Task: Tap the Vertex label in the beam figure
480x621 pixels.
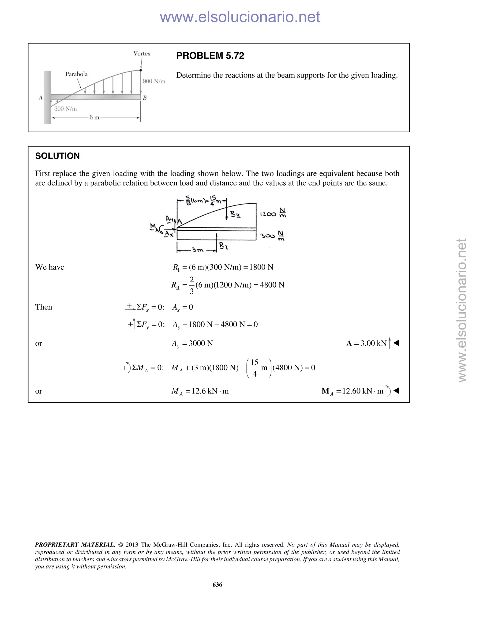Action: [142, 54]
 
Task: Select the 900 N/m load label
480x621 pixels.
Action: [154, 81]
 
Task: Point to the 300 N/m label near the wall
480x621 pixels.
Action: [65, 109]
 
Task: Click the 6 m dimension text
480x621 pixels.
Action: [94, 117]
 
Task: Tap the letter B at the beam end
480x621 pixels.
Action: [144, 98]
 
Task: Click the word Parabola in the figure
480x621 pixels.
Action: [76, 74]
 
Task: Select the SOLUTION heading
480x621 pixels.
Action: [57, 156]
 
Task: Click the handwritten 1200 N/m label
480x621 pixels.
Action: [273, 213]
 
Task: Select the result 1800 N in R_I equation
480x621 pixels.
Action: [261, 267]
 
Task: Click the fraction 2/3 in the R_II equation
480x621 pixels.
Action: [191, 285]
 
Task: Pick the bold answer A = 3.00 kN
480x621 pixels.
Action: [366, 344]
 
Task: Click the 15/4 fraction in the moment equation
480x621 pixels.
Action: [254, 368]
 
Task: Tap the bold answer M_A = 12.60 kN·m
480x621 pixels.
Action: [352, 391]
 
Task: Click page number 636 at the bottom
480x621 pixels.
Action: [217, 585]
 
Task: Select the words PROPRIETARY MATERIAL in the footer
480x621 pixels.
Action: [75, 545]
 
